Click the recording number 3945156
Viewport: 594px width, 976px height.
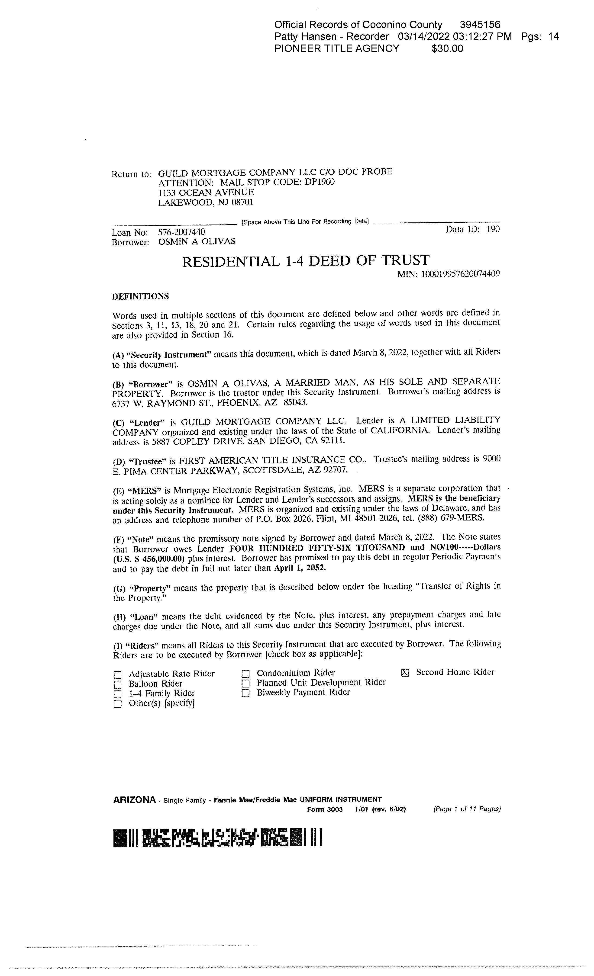[x=480, y=25]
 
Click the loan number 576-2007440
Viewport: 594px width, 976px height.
[x=181, y=232]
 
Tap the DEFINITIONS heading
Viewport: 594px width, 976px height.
[x=141, y=296]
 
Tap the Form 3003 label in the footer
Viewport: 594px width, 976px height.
[x=325, y=809]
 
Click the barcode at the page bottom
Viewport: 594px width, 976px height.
[x=217, y=838]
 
